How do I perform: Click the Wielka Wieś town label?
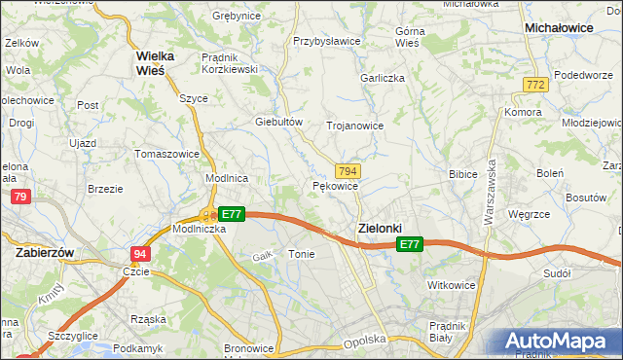click(149, 62)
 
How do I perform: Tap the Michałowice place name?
click(559, 28)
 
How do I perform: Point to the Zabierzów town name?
click(46, 251)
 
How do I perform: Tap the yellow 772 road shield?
click(534, 86)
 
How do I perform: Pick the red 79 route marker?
click(19, 198)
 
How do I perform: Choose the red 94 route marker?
click(140, 253)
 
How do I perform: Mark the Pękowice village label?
click(336, 185)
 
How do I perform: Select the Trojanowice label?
click(354, 126)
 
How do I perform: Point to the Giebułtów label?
click(279, 122)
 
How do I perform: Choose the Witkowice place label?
click(451, 285)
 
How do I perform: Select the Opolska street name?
click(365, 341)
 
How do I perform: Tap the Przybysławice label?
click(327, 42)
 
